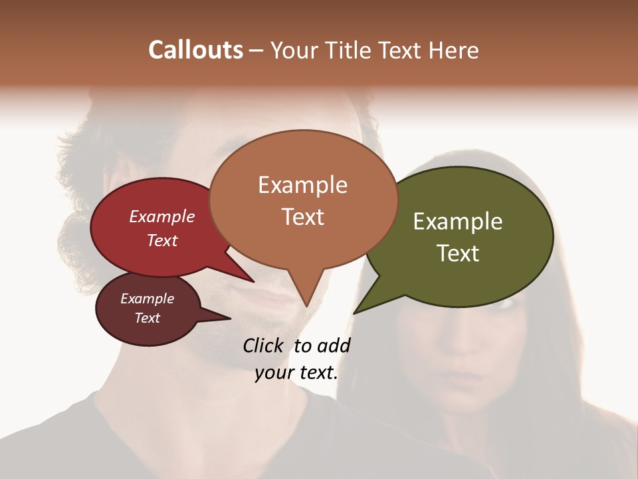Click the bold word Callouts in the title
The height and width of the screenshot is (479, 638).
tap(195, 50)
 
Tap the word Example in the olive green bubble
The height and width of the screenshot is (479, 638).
tap(458, 222)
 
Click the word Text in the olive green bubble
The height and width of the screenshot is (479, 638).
tap(458, 253)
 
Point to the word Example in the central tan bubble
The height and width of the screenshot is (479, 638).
tap(302, 185)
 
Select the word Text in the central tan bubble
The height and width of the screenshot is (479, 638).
tap(302, 217)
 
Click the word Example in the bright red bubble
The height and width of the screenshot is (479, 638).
tap(161, 216)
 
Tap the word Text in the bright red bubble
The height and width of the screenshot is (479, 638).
tap(161, 240)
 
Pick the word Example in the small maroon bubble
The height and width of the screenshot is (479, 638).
tap(147, 299)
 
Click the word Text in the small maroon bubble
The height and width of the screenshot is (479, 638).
tap(147, 318)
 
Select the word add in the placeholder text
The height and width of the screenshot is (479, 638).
tap(334, 345)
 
